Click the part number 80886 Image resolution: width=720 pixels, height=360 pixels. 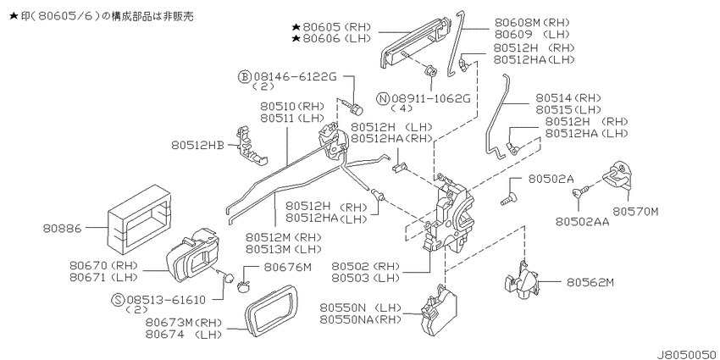click(63, 228)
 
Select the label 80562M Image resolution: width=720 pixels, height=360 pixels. click(590, 283)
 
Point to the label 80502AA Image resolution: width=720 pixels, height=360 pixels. click(582, 222)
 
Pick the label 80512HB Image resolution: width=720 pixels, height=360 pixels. click(198, 145)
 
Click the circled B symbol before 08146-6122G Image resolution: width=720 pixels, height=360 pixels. click(245, 77)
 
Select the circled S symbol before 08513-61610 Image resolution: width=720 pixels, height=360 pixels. click(118, 301)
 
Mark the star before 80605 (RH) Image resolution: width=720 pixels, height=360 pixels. click(296, 26)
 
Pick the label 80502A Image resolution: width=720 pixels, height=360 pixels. click(551, 179)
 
